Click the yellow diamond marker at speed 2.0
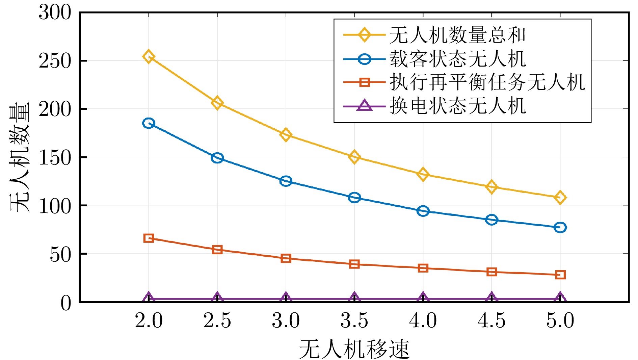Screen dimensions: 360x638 (x=149, y=56)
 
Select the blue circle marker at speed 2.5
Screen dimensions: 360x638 (x=217, y=158)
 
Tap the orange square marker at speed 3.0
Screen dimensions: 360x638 (x=286, y=258)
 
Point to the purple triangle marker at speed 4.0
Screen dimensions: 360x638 (x=423, y=298)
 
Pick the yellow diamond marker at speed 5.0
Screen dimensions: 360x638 (x=560, y=197)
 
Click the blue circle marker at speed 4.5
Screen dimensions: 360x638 (x=491, y=220)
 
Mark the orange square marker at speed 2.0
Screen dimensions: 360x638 (x=149, y=238)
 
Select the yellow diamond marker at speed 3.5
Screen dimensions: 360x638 (x=354, y=157)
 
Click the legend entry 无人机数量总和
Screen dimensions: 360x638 (x=457, y=35)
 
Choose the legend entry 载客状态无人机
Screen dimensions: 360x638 (x=457, y=59)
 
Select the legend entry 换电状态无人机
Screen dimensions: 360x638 (x=457, y=106)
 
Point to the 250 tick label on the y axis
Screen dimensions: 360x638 (x=55, y=61)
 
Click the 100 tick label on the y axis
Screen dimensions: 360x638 (x=55, y=206)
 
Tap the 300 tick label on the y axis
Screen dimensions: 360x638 (x=55, y=13)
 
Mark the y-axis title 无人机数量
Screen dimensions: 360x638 (x=20, y=157)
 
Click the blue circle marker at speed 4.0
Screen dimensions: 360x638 (x=423, y=211)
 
